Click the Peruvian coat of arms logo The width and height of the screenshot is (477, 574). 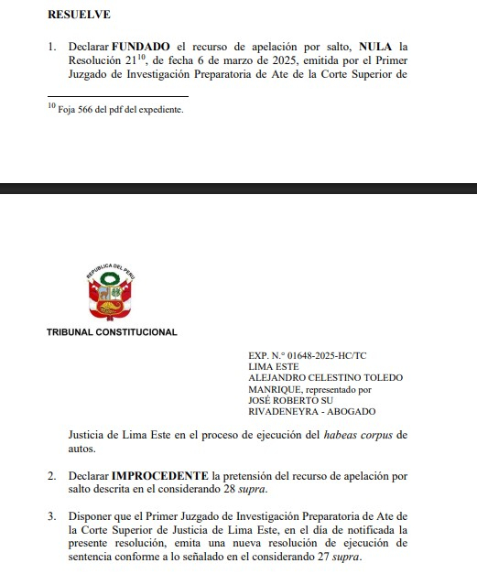(x=110, y=292)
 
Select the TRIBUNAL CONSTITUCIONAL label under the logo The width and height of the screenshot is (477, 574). (x=112, y=332)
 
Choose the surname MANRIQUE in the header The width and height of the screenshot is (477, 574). (x=278, y=389)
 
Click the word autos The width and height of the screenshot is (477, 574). (x=83, y=449)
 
